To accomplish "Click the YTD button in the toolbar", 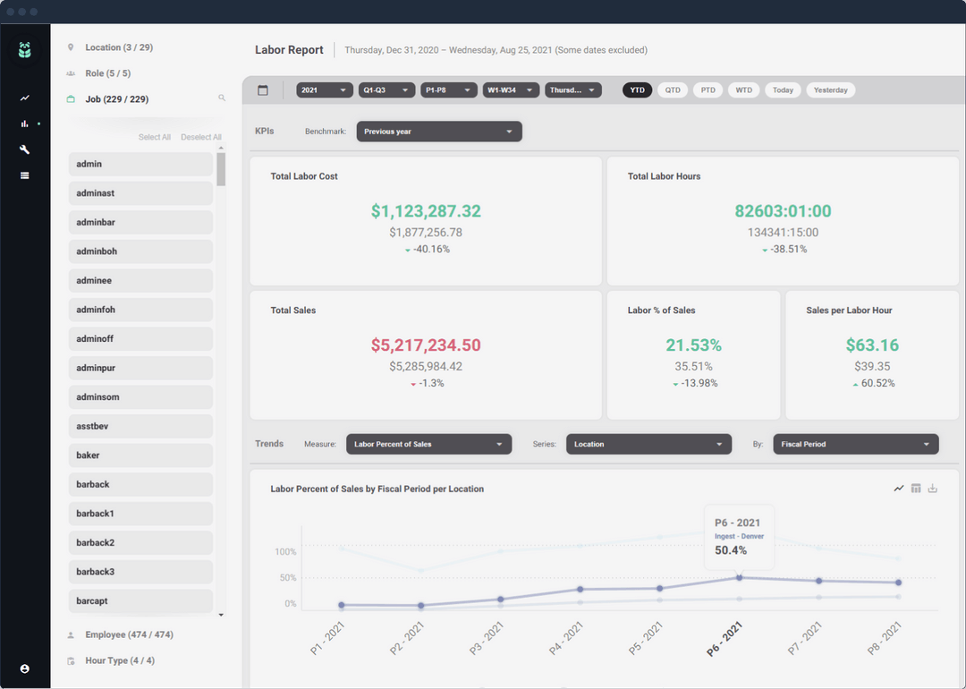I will [637, 90].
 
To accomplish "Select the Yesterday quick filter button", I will [830, 90].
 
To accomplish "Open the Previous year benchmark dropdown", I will [438, 132].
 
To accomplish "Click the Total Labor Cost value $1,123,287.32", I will [426, 211].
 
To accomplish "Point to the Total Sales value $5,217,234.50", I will [426, 345].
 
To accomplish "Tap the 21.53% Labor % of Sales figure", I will [693, 345].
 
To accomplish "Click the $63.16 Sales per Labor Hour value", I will [872, 345].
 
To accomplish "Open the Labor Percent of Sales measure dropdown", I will [428, 445].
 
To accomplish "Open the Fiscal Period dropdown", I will [855, 445].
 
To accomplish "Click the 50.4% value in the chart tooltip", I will [731, 550].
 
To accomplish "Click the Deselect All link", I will [201, 138].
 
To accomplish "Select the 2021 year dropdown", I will [324, 90].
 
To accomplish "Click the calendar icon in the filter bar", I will [263, 90].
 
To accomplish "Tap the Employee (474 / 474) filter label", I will [129, 634].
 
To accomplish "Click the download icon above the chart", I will [933, 489].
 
